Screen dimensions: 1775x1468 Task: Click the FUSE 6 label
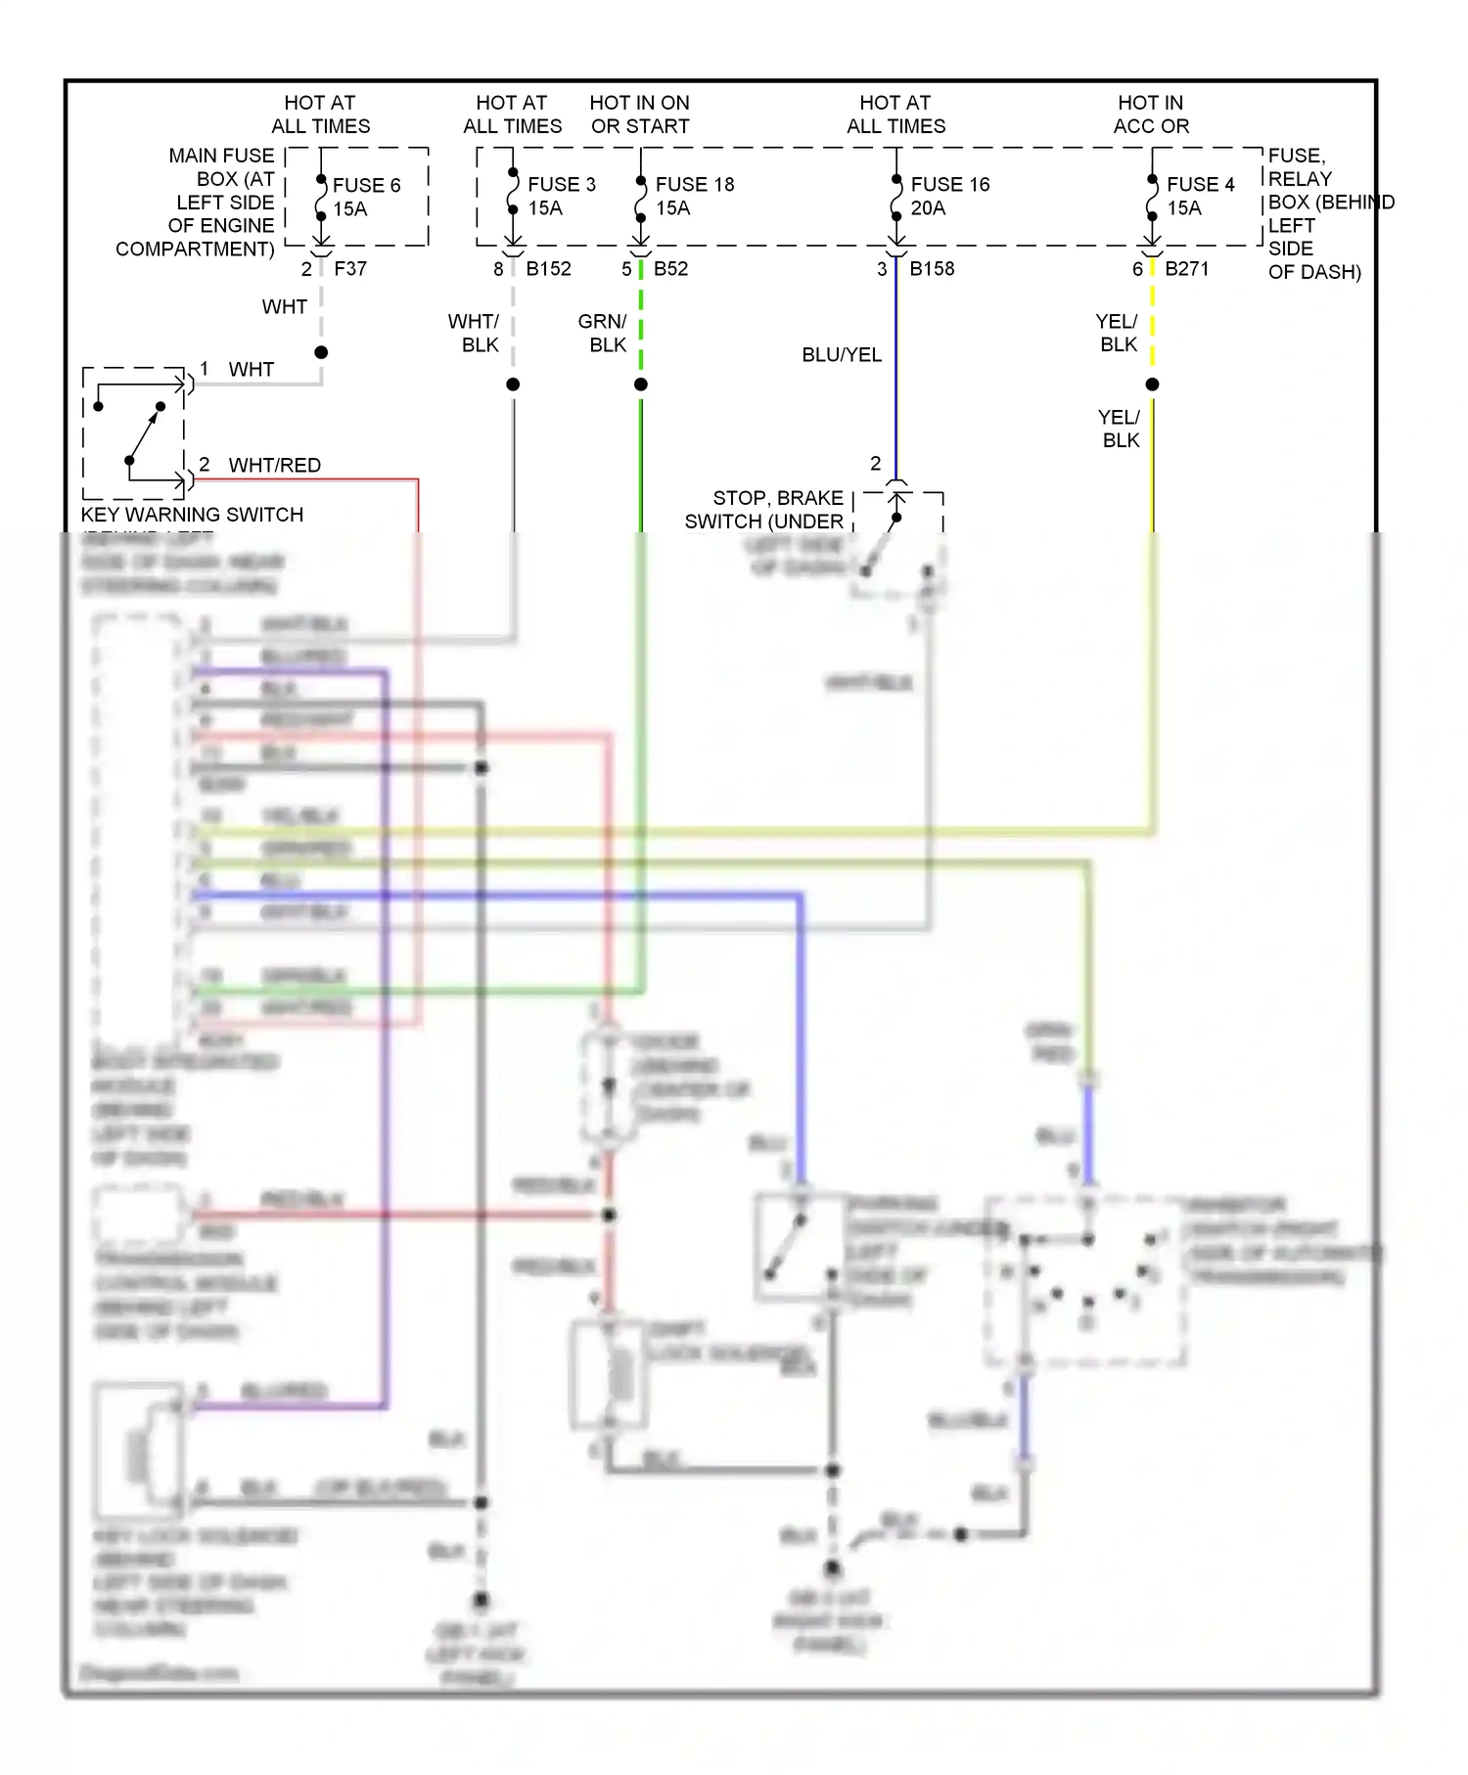coord(366,186)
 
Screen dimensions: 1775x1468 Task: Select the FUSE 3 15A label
coord(561,196)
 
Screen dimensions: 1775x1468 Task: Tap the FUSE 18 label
coord(694,185)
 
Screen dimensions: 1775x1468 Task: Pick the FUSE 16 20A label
coord(949,196)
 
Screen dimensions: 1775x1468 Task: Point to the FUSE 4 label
coord(1200,185)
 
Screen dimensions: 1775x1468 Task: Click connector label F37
coord(350,268)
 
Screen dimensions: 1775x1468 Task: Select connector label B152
coord(548,268)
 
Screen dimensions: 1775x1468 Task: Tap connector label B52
coord(670,268)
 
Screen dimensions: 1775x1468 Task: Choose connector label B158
coord(932,268)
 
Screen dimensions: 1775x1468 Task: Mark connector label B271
coord(1186,268)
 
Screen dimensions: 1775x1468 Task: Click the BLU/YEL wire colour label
coord(842,355)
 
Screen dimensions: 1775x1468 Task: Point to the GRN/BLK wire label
coord(603,334)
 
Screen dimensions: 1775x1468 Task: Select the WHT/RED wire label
coord(274,466)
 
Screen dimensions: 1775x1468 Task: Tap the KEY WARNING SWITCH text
coord(192,515)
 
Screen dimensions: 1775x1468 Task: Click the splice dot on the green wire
coord(641,385)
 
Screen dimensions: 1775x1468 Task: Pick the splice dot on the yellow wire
coord(1152,385)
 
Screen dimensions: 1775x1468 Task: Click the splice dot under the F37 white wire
coord(321,352)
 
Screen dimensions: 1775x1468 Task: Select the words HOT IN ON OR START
coord(639,114)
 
